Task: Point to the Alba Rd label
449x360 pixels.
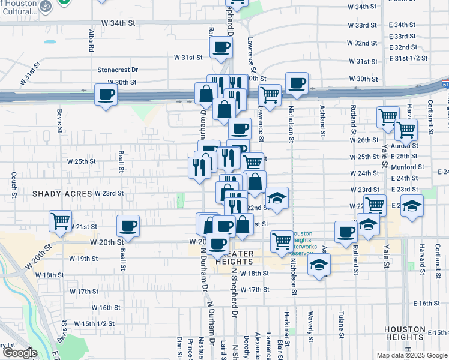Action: click(92, 40)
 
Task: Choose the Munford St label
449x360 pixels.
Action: click(408, 167)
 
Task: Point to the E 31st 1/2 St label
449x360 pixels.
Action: click(408, 59)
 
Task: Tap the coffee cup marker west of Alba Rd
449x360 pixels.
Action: click(106, 94)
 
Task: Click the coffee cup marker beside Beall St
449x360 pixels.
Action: click(128, 226)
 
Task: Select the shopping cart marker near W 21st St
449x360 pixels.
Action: click(61, 221)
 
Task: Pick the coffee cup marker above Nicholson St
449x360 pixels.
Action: click(297, 82)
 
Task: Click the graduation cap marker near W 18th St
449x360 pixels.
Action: click(319, 264)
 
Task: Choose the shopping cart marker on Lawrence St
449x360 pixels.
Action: click(270, 94)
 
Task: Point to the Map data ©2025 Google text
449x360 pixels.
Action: click(411, 355)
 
